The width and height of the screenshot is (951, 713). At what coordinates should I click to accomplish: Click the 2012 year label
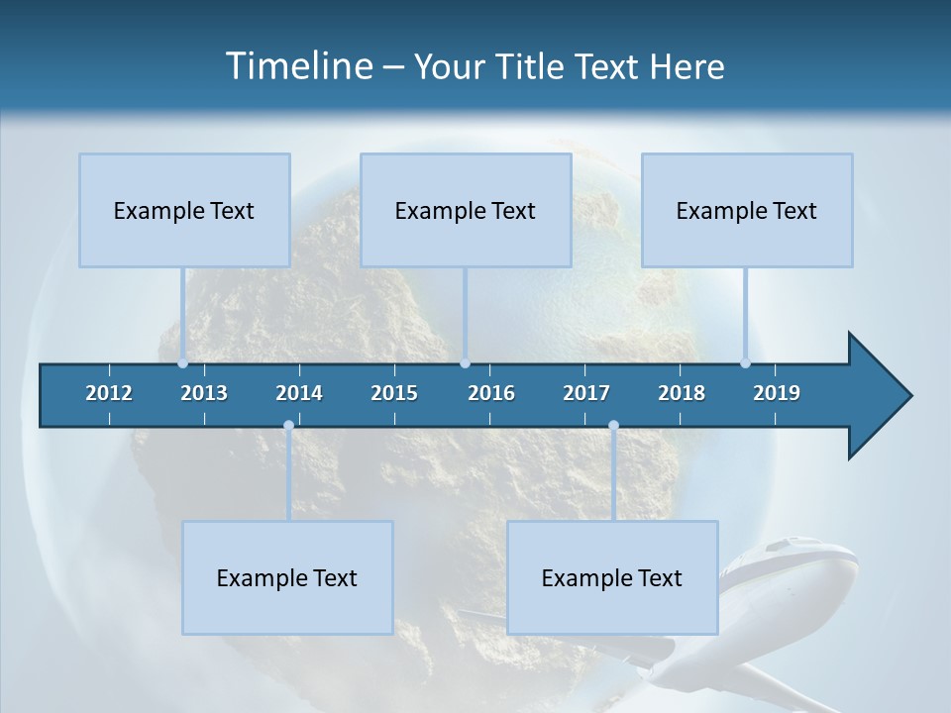(109, 393)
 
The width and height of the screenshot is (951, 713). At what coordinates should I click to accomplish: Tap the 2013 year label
(204, 393)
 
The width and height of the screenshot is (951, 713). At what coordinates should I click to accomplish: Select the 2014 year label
(299, 393)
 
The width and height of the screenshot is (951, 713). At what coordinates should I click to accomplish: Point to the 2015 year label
(394, 393)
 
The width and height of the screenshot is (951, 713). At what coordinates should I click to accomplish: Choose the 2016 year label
(491, 393)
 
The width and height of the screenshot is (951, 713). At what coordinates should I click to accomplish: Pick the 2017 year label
(586, 393)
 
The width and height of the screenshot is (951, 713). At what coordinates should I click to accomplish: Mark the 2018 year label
(682, 393)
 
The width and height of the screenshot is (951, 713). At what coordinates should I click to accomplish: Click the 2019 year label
(777, 393)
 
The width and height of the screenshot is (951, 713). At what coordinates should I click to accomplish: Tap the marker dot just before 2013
(182, 363)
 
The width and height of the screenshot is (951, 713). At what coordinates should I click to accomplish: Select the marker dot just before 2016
(465, 363)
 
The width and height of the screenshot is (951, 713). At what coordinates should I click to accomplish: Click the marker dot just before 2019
(745, 363)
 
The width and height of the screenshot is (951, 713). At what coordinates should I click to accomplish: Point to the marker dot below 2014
(288, 426)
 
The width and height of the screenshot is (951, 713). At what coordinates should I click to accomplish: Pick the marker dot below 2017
(613, 426)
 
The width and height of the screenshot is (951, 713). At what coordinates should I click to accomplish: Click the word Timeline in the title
(298, 66)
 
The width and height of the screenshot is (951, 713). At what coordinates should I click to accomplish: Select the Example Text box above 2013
(184, 210)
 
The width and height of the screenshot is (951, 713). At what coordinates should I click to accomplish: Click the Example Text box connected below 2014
(287, 577)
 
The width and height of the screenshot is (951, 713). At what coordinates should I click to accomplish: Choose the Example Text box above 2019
(747, 210)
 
